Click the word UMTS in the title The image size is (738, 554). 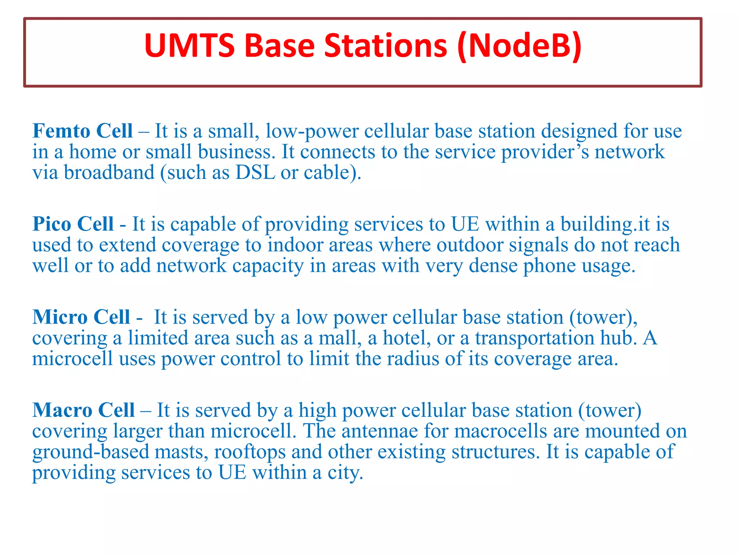click(x=190, y=45)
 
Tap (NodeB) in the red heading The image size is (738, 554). click(x=519, y=45)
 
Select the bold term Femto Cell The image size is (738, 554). click(x=83, y=131)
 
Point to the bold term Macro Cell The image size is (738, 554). click(x=83, y=410)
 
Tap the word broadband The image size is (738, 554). click(x=109, y=172)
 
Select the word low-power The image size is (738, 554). click(x=312, y=131)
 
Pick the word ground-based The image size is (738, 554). click(x=90, y=452)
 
